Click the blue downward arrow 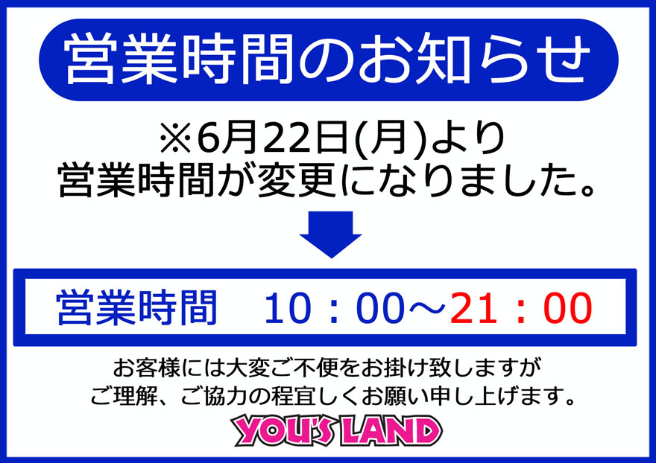pyautogui.click(x=330, y=234)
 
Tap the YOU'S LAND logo pyautogui.click(x=337, y=430)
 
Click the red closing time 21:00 pyautogui.click(x=521, y=308)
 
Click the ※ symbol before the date pyautogui.click(x=175, y=138)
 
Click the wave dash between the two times pyautogui.click(x=427, y=308)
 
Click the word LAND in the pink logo pyautogui.click(x=391, y=431)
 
